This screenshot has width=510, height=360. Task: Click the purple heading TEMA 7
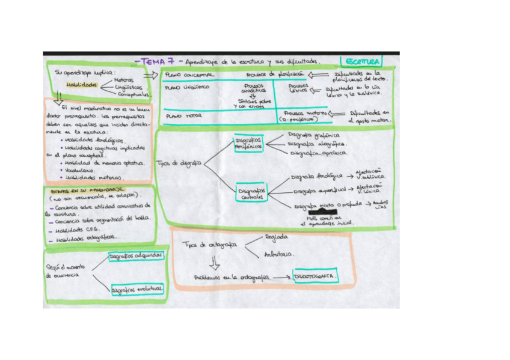point(155,61)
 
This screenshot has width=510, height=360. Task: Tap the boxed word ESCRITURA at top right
point(361,61)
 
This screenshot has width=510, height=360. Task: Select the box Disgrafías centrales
point(251,192)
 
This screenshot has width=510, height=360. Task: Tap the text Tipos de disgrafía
point(178,163)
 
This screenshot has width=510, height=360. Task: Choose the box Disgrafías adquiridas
point(137,256)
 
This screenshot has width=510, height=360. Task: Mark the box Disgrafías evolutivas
point(138,289)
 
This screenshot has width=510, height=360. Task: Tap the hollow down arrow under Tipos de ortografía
point(215,263)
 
